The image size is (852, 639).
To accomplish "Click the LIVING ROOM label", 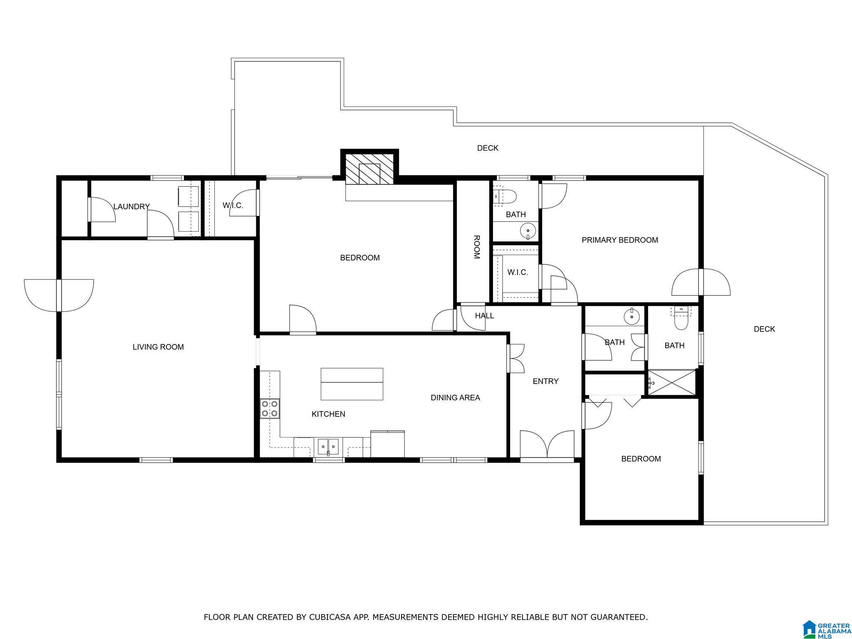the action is pos(158,347).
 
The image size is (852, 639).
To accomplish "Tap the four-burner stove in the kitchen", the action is pos(270,409).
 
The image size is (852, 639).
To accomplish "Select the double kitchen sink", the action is pos(328,447).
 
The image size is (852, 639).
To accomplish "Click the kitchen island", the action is pos(352,384).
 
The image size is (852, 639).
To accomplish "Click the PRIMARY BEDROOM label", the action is pos(620,240).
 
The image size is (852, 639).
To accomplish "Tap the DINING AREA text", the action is pos(455,398).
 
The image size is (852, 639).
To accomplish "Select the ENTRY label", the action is pos(545,381).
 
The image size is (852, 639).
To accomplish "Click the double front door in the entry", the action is pos(547,445).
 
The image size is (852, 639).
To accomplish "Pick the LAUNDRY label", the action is pos(131,206).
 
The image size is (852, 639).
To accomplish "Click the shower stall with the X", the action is pos(671,382).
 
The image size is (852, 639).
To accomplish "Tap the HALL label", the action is pos(485,316).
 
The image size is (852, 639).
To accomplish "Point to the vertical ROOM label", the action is pos(477,247).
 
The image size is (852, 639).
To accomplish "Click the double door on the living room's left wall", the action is pos(59,295).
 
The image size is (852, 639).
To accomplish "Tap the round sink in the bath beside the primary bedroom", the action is pos(528,230).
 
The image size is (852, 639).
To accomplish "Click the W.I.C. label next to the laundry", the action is pos(233,206).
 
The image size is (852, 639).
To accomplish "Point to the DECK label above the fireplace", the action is pos(488,148).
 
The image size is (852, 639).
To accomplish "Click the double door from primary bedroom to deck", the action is pos(701,282).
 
